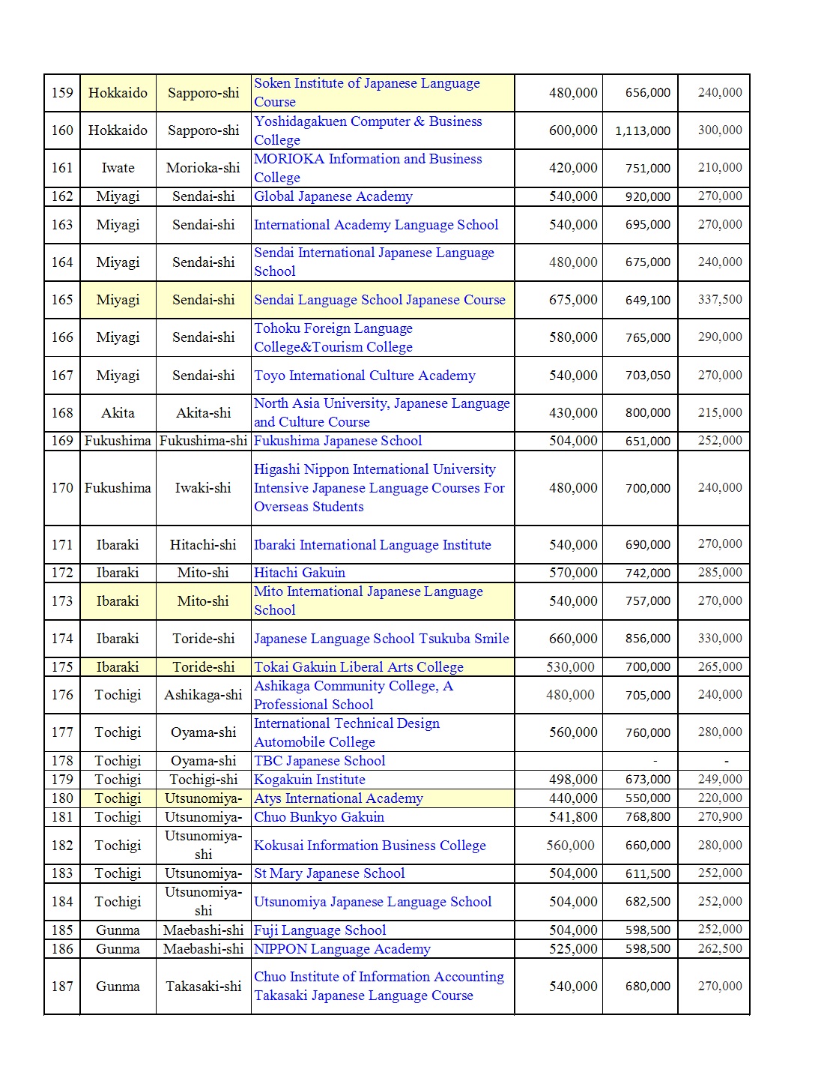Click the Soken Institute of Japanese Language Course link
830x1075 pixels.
point(366,92)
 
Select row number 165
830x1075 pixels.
point(62,300)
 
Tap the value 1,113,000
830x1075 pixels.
point(643,130)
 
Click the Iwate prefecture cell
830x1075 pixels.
point(118,168)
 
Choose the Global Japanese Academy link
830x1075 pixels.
point(333,196)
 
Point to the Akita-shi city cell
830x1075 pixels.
point(203,413)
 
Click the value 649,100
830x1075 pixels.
point(648,300)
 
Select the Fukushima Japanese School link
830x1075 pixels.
point(337,441)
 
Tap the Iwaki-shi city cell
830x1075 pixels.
point(203,488)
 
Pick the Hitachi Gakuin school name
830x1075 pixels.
point(299,573)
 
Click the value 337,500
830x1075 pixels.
point(720,300)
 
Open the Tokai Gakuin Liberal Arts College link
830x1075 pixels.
point(358,667)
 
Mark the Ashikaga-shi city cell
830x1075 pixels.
point(203,695)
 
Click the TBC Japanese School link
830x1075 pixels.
point(319,761)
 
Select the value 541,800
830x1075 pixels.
point(573,817)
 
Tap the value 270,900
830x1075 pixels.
point(720,817)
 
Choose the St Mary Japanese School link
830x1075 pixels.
point(329,873)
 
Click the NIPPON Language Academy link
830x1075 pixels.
point(342,949)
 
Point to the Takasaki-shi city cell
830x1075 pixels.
point(203,987)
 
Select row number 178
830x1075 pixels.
point(62,761)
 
